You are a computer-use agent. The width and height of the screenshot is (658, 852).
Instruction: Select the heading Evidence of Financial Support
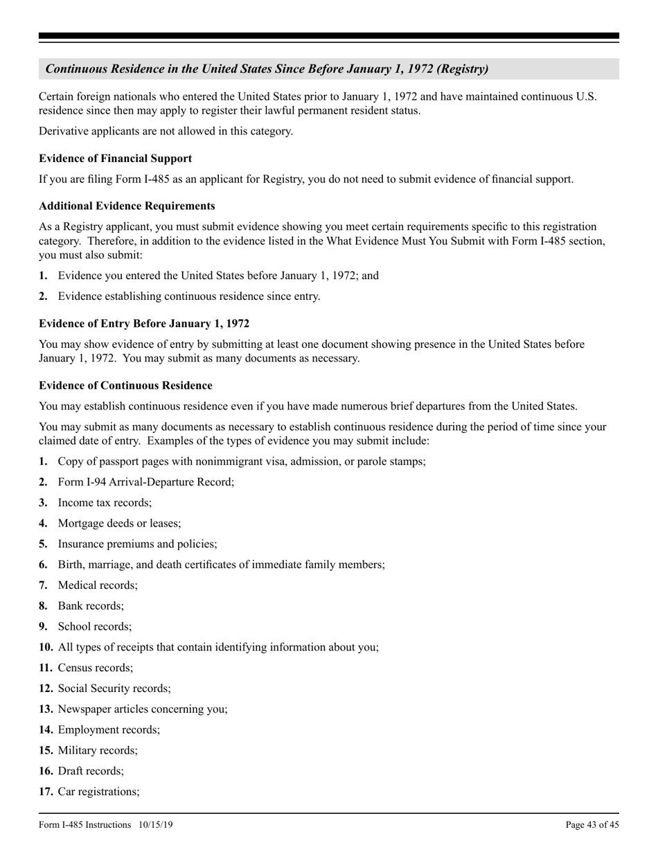pyautogui.click(x=116, y=158)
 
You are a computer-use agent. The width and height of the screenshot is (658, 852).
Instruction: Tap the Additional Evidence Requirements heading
pyautogui.click(x=127, y=206)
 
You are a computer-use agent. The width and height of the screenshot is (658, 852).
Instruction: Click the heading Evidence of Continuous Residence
pyautogui.click(x=125, y=385)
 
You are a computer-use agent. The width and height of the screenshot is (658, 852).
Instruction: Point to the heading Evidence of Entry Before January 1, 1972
pyautogui.click(x=144, y=323)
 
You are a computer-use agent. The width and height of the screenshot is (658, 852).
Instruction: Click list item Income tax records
pyautogui.click(x=105, y=502)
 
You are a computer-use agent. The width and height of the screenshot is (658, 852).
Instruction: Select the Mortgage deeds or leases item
pyautogui.click(x=119, y=523)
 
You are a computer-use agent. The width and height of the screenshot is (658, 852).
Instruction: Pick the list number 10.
pyautogui.click(x=46, y=647)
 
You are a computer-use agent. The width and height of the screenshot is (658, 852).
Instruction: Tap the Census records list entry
pyautogui.click(x=96, y=668)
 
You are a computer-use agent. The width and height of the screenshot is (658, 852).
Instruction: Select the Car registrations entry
pyautogui.click(x=98, y=792)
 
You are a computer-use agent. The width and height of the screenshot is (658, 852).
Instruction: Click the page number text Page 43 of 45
pyautogui.click(x=592, y=825)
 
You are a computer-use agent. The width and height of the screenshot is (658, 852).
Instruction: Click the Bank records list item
pyautogui.click(x=91, y=605)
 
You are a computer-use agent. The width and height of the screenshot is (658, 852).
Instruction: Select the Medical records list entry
pyautogui.click(x=98, y=585)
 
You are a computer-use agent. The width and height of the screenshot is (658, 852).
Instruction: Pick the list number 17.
pyautogui.click(x=46, y=792)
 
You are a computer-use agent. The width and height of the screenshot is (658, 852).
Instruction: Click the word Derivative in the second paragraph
pyautogui.click(x=64, y=131)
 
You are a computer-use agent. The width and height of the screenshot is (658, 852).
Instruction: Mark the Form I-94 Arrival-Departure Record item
pyautogui.click(x=145, y=481)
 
